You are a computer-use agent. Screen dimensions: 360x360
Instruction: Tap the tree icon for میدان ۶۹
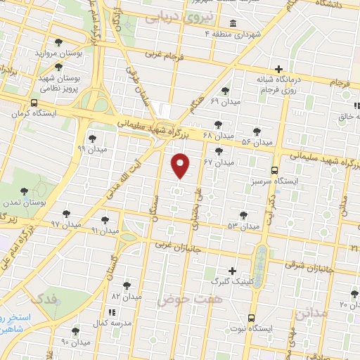tap(225, 91)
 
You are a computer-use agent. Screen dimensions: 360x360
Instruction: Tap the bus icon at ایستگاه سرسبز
tap(274, 169)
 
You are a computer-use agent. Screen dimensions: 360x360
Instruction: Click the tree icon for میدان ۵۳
tap(243, 215)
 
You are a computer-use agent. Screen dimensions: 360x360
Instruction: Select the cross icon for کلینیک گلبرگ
tap(232, 271)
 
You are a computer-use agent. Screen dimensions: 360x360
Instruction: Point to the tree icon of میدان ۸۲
tap(127, 285)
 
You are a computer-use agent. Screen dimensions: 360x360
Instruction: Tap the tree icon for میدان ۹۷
tap(67, 213)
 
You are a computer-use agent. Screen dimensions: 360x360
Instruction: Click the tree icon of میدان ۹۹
tap(92, 138)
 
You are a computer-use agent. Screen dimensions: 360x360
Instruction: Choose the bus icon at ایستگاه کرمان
tap(34, 103)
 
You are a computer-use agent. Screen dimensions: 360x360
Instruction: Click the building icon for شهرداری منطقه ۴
tap(232, 25)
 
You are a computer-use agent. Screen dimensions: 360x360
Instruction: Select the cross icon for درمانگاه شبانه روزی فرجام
tap(279, 69)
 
